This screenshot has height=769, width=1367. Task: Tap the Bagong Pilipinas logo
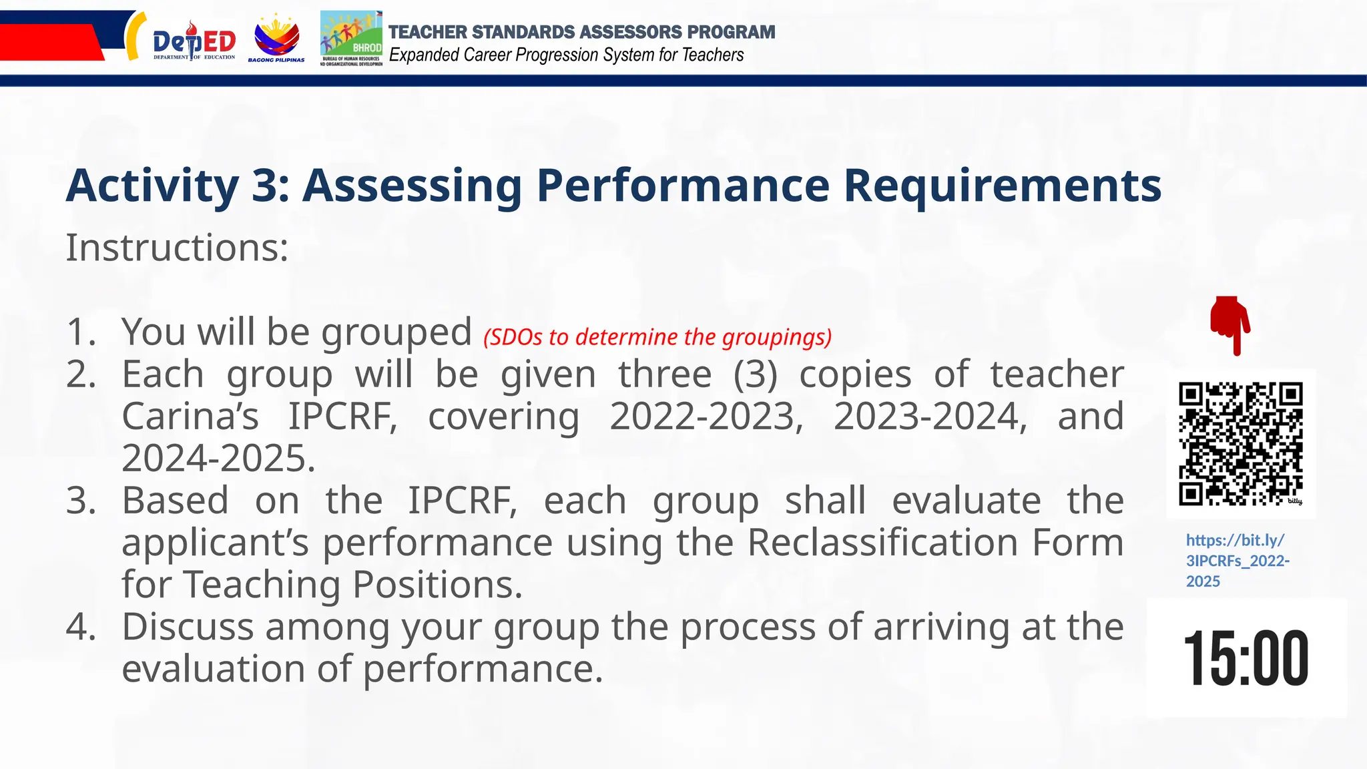tap(276, 40)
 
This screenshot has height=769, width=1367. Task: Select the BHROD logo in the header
tap(351, 39)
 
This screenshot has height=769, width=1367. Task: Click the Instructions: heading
tap(177, 248)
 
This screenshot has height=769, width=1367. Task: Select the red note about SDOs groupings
tap(657, 337)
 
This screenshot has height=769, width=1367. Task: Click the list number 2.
tap(81, 374)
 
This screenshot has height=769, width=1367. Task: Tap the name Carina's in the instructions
tap(190, 417)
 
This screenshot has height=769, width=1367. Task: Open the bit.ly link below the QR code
tap(1236, 560)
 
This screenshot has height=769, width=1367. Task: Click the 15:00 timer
tap(1246, 658)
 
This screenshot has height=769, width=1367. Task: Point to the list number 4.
tap(81, 627)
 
